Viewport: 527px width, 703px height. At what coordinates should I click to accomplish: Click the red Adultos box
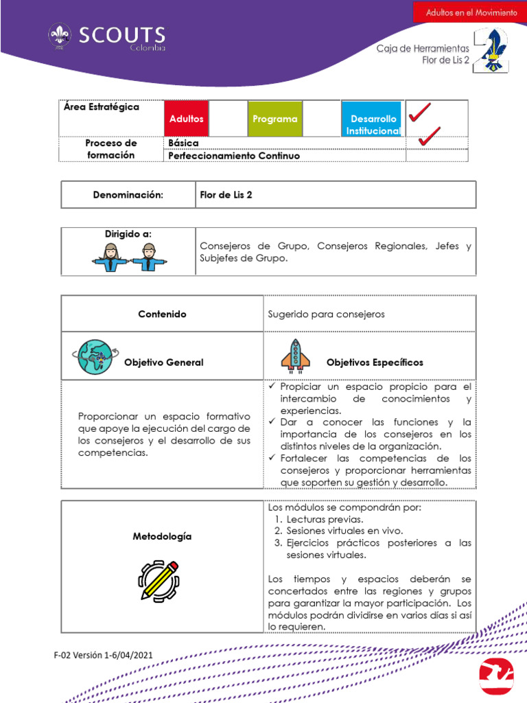click(x=186, y=118)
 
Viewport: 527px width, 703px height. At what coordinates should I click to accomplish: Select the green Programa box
click(x=274, y=118)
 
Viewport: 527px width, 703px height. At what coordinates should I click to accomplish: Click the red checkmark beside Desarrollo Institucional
click(x=419, y=113)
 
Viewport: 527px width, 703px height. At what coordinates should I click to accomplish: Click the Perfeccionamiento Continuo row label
click(x=233, y=156)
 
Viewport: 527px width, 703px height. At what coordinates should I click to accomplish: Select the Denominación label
click(x=128, y=195)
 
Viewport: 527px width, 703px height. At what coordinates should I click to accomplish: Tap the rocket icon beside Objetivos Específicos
click(x=295, y=355)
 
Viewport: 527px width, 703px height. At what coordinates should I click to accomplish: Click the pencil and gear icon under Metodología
click(x=159, y=579)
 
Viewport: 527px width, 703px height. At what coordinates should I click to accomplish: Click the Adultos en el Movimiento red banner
click(x=471, y=12)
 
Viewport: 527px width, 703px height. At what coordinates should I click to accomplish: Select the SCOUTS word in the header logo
click(x=121, y=35)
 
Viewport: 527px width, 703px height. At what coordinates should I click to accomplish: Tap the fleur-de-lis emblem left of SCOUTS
click(x=59, y=37)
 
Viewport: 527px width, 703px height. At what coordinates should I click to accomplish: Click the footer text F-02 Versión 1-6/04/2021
click(x=103, y=655)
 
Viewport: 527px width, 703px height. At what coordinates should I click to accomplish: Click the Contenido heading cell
click(x=162, y=314)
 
